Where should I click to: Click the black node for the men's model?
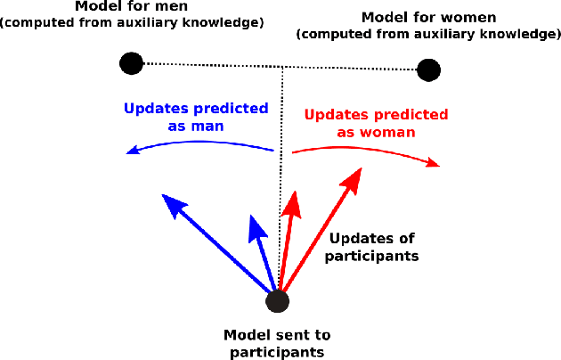pyautogui.click(x=131, y=63)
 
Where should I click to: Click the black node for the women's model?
pyautogui.click(x=428, y=69)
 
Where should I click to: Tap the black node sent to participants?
pyautogui.click(x=278, y=301)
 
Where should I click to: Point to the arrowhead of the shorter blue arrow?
pyautogui.click(x=256, y=225)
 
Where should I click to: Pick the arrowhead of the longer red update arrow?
pyautogui.click(x=352, y=181)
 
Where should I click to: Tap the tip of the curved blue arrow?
pyautogui.click(x=130, y=151)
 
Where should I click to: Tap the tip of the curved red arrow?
pyautogui.click(x=437, y=164)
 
